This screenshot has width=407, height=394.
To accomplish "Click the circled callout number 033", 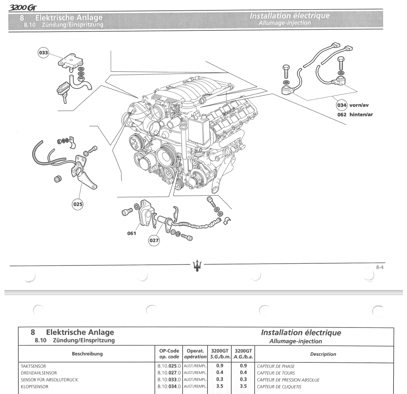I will click(x=43, y=53).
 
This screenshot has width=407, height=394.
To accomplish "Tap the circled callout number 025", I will click(x=78, y=203).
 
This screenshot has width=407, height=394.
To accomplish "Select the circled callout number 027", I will click(x=154, y=241).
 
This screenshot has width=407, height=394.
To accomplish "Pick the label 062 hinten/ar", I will click(x=355, y=114).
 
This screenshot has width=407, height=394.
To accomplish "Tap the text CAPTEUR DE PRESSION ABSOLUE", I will click(x=288, y=380).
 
